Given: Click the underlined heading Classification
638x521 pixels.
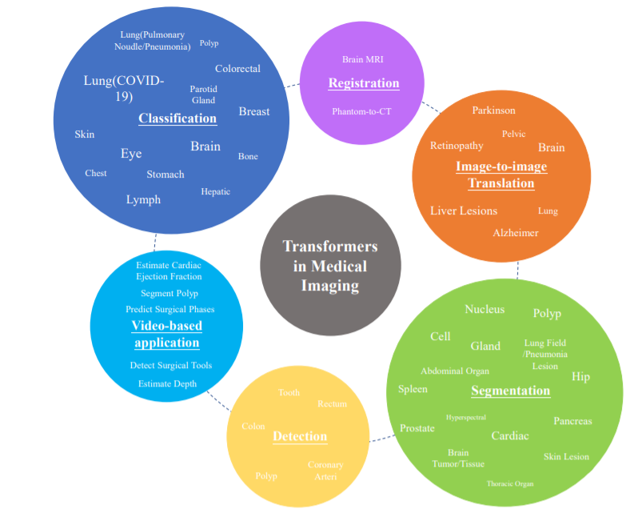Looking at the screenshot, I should [x=177, y=118].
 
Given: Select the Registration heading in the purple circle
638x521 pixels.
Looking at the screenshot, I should [x=364, y=83].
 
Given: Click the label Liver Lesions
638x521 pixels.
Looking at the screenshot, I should [x=464, y=211].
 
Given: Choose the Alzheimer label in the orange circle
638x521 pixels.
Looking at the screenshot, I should [x=516, y=233].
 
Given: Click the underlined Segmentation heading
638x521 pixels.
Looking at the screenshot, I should [x=511, y=391].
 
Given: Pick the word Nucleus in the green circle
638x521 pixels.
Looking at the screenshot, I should [x=484, y=309].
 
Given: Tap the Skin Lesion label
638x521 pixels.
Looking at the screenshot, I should [x=566, y=457].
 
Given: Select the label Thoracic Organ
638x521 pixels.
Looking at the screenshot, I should [x=510, y=483].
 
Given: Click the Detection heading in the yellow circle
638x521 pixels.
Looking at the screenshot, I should [x=300, y=436].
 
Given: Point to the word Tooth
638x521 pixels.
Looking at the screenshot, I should [x=289, y=393].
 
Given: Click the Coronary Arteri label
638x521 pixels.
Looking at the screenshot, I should [x=325, y=471].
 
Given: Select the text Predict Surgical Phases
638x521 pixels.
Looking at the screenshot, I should [x=169, y=310].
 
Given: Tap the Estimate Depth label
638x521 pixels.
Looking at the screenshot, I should [x=167, y=384].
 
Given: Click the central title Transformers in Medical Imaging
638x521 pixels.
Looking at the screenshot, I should [x=330, y=266].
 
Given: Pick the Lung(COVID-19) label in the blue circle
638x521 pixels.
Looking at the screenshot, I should [x=124, y=88].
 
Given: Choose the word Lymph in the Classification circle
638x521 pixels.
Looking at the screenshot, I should [x=143, y=199].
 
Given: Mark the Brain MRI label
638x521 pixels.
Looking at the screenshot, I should [x=363, y=60].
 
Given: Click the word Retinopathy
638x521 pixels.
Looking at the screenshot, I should [x=457, y=146].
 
